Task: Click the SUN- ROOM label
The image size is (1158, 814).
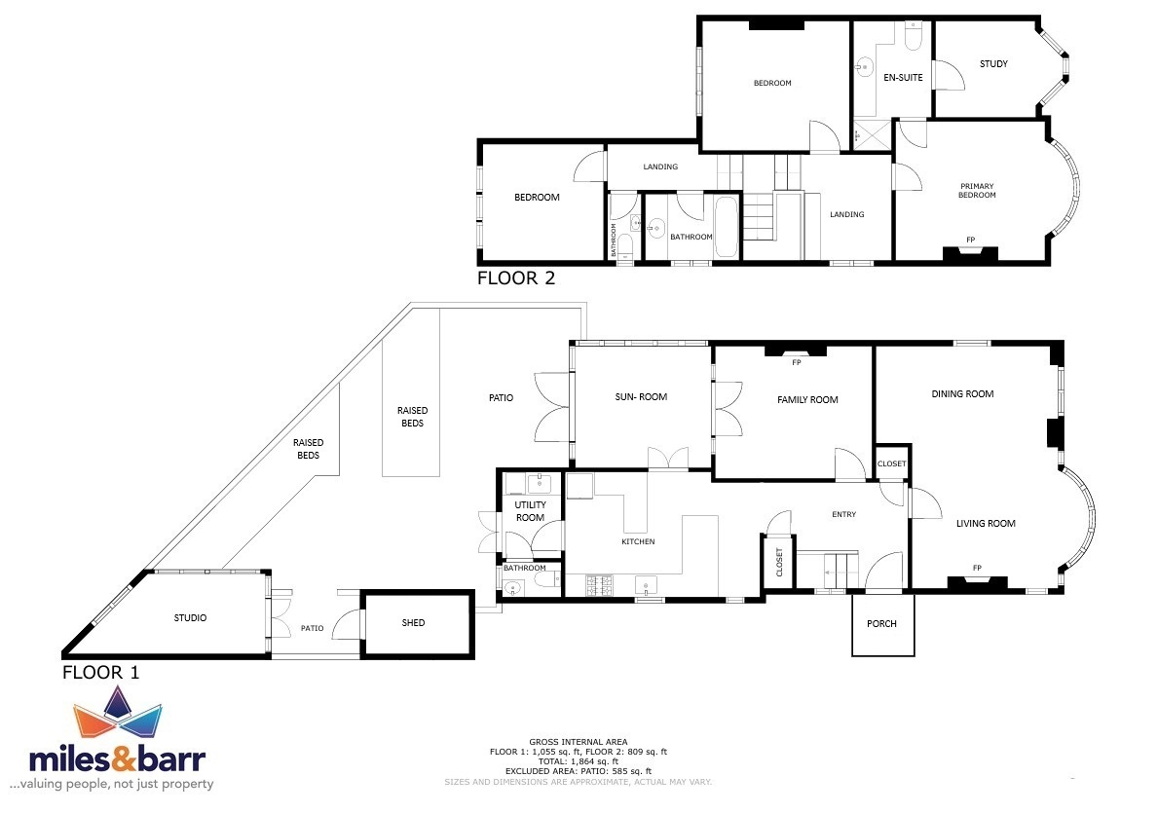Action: pos(641,396)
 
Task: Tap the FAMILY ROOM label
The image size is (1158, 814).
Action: pos(807,399)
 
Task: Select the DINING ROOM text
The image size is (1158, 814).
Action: pos(962,393)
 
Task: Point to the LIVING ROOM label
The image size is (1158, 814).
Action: pos(986,523)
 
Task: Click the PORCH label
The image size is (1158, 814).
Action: pos(881,623)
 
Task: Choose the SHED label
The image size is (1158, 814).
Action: pos(413,623)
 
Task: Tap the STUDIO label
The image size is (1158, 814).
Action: pos(190,617)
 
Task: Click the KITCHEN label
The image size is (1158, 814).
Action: pos(638,541)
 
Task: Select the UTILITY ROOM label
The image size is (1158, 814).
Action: pos(530,511)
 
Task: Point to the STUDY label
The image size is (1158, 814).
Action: pos(993,63)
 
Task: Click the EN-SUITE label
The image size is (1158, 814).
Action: pos(903,77)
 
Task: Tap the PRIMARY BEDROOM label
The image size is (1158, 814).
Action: pos(976,191)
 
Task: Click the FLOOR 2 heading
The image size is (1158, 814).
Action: pos(515,277)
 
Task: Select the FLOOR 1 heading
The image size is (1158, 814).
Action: pos(100,672)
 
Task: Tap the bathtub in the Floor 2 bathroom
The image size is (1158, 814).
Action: pos(726,227)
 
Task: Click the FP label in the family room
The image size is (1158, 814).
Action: pos(796,362)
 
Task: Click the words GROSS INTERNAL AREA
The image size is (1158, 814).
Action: pos(578,742)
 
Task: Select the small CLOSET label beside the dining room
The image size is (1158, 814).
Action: pos(891,463)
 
